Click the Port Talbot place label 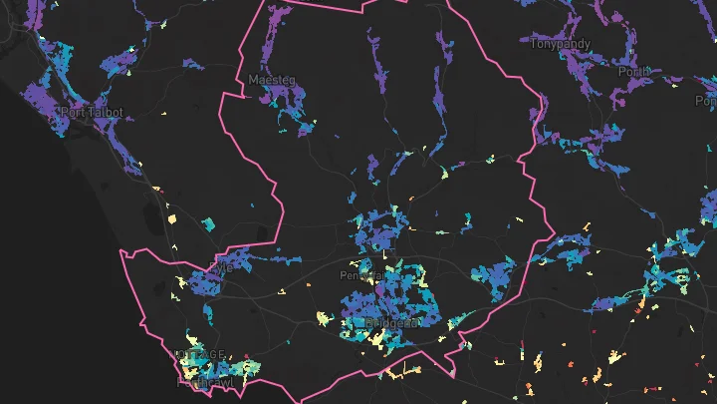(92, 113)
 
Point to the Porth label (633, 72)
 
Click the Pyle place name (220, 267)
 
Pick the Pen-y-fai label (360, 274)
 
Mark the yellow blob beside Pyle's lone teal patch (170, 217)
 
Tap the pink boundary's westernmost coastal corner (120, 251)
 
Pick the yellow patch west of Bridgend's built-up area (323, 318)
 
